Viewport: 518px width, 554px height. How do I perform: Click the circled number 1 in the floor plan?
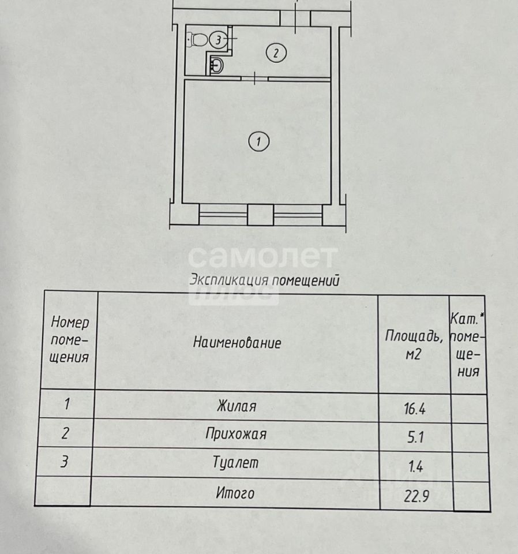259,141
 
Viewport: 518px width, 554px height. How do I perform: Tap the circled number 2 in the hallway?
276,54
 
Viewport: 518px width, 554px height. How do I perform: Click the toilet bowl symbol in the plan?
198,39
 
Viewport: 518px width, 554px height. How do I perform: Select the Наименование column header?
237,343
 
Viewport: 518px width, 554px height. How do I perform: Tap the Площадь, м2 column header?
414,345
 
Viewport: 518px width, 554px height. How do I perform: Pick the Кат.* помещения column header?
468,345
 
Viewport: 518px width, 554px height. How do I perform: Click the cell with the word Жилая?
236,406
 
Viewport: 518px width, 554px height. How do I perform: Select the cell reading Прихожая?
236,435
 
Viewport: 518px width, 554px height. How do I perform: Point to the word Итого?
235,493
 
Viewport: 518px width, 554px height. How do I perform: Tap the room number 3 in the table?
67,463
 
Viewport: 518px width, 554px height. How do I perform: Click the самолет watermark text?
263,257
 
